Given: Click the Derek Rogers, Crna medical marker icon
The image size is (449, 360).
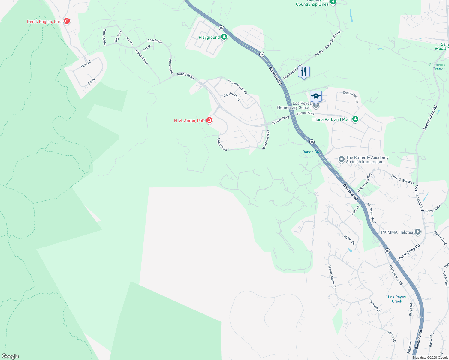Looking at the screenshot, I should click(67, 21).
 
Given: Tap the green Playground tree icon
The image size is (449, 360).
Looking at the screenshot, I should click(224, 37).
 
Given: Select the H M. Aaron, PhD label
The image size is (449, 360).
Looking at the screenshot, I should click(189, 121).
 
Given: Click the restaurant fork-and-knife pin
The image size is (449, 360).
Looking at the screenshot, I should click(304, 72).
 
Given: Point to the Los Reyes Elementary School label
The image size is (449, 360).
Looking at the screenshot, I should click(294, 105).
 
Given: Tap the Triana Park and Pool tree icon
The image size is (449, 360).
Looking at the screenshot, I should click(355, 119).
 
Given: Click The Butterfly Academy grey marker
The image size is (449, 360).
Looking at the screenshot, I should click(341, 159).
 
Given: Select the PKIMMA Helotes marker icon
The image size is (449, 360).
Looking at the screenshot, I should click(417, 232).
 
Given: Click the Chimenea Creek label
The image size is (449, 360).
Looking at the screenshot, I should click(438, 67).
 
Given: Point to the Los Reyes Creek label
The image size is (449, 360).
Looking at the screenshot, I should click(397, 299).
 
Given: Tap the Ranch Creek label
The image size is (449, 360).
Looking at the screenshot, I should click(313, 152).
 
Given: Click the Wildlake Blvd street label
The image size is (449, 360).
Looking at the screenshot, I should click(266, 139).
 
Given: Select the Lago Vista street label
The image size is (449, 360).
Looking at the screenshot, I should click(222, 144).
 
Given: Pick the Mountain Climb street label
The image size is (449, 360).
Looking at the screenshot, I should click(237, 87).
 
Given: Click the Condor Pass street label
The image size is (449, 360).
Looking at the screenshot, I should click(232, 97).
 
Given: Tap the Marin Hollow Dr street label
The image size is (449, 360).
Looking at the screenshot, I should click(332, 277).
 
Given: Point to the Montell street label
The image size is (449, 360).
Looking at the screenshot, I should click(86, 64).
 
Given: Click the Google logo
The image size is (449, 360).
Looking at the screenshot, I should click(10, 356).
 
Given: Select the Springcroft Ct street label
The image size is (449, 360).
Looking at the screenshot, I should click(351, 97).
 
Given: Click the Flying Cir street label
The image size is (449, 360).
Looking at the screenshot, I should click(349, 240).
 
